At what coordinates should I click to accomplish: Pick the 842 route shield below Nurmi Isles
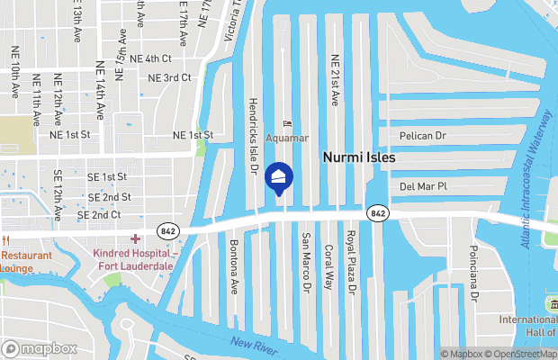(x=378, y=213)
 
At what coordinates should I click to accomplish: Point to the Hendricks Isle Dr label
(x=254, y=135)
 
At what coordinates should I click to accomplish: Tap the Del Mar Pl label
(x=423, y=186)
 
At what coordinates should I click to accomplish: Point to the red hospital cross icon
(x=135, y=238)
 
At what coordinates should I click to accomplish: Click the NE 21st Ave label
(x=335, y=79)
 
